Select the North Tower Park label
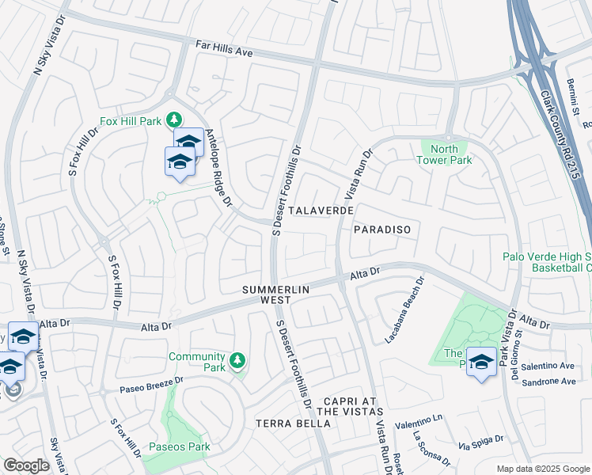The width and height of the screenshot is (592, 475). click(449, 154)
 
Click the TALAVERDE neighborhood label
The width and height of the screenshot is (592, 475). click(320, 211)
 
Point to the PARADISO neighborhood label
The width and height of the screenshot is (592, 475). click(382, 229)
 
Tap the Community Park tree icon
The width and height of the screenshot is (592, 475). click(237, 362)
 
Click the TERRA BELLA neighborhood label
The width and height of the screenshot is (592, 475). click(293, 424)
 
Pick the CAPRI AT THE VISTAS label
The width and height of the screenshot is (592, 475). click(350, 406)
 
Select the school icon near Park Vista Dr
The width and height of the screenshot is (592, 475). click(481, 362)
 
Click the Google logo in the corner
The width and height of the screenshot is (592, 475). click(26, 465)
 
